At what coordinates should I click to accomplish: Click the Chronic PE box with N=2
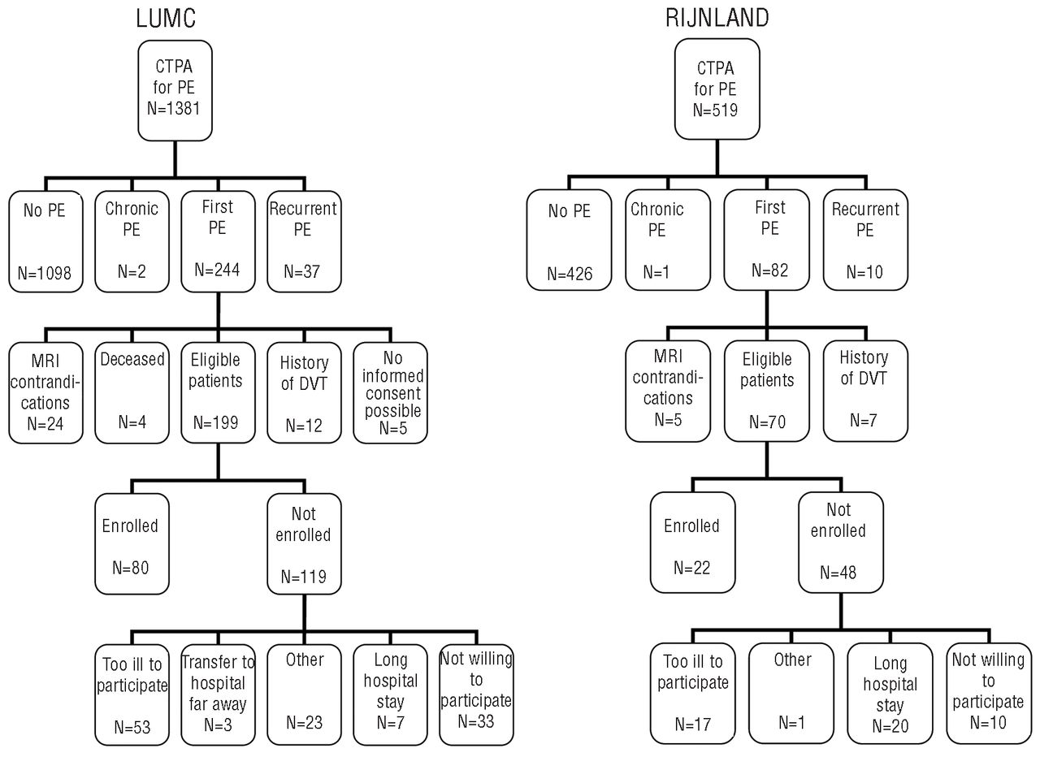click(x=132, y=241)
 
